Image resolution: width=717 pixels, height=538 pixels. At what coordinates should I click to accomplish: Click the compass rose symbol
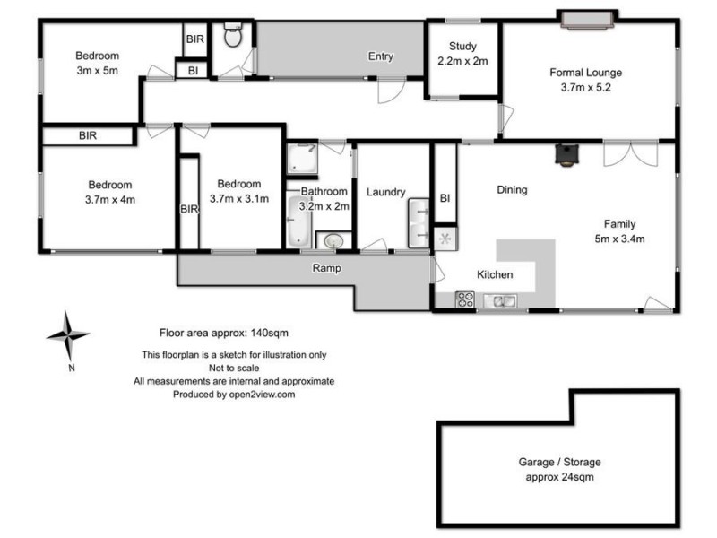(x=67, y=335)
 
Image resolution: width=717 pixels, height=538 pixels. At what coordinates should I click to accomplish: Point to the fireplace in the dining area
(x=566, y=155)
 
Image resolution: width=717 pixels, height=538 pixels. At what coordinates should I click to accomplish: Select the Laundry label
(x=386, y=192)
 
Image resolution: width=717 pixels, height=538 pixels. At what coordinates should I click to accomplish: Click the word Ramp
(x=324, y=268)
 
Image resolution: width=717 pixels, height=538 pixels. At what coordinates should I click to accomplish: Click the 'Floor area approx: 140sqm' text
(x=223, y=332)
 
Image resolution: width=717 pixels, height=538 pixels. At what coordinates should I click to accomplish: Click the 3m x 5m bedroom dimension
(x=97, y=70)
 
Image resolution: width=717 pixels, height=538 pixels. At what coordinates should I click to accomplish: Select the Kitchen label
(x=495, y=274)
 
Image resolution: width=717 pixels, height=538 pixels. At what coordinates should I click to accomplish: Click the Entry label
(x=381, y=56)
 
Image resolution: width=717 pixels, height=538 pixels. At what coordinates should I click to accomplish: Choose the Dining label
(x=512, y=189)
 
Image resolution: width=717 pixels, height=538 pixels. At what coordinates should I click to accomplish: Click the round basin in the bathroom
(x=333, y=241)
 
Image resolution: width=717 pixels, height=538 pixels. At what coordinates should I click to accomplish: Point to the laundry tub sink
(x=419, y=223)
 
